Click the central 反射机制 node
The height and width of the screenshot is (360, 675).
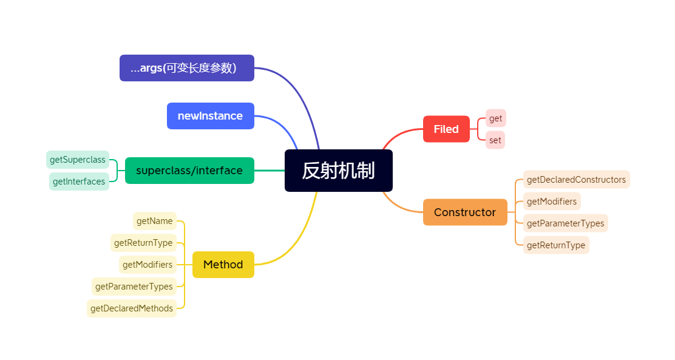[338, 171]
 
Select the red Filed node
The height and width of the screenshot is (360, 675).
[446, 129]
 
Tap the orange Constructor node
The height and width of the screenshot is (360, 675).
[465, 212]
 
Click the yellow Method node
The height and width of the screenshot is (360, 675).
[223, 264]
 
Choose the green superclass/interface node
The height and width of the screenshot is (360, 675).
[189, 171]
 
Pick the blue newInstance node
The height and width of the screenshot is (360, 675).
[210, 116]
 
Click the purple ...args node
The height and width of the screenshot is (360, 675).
[186, 68]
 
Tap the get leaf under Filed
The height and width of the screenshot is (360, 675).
[495, 118]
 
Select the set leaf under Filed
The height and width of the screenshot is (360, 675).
[495, 140]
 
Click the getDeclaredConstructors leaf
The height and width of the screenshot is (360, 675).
[576, 179]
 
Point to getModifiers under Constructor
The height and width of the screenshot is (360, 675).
[552, 201]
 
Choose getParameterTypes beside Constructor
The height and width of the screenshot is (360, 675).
[565, 223]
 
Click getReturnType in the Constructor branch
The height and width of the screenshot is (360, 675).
[556, 245]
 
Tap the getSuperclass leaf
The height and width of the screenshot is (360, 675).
[78, 160]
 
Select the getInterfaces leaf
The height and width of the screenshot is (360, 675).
[79, 181]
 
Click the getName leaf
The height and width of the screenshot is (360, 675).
[155, 221]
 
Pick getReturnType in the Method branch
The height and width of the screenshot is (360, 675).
[143, 243]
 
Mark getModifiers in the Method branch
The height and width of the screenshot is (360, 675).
[148, 264]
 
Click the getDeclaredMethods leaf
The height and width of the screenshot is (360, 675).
[132, 308]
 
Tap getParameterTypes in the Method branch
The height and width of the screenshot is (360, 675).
[134, 286]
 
